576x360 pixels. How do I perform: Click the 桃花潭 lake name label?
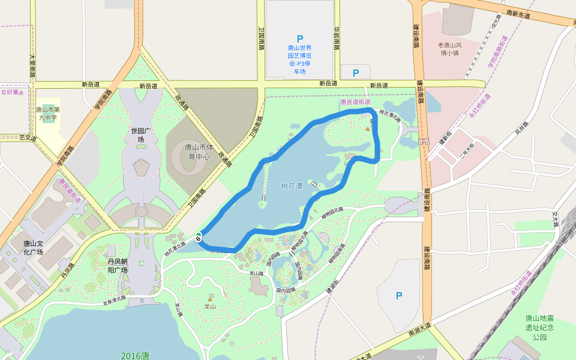tap(292, 186)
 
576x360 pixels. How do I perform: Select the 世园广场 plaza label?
tap(138, 135)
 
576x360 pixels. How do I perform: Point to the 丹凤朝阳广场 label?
tap(118, 265)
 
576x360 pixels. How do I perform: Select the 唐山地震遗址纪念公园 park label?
tap(539, 328)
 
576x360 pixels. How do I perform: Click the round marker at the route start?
tap(198, 236)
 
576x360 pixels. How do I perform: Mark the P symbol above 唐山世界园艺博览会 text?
tap(300, 38)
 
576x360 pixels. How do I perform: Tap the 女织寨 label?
tap(12, 92)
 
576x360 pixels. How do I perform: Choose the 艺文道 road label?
tap(28, 138)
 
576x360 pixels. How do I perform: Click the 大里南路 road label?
tap(32, 64)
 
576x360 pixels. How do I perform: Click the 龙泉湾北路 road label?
tap(114, 299)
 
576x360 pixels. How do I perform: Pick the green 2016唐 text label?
tap(134, 355)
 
